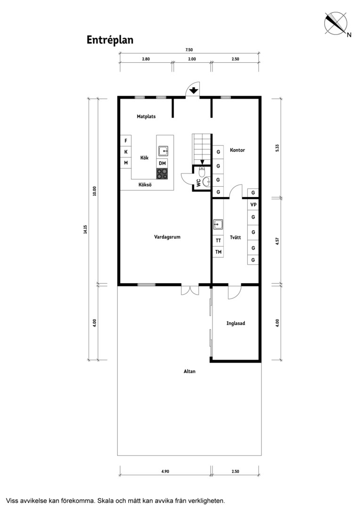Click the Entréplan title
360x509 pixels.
coord(110,40)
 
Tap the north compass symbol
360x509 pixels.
coord(336,23)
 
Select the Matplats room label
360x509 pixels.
coord(146,116)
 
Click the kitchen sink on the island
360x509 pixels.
coord(163,151)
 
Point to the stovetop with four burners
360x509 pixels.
coord(162,173)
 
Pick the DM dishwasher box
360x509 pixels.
coord(162,163)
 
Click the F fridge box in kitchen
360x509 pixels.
coord(126,140)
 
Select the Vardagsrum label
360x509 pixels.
coord(167,237)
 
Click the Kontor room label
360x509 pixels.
coord(237,150)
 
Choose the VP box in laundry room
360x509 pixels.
coord(253,205)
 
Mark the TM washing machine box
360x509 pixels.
coord(218,252)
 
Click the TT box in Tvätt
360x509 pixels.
coord(218,240)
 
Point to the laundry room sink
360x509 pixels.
coord(218,224)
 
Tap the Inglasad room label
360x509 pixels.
coord(236,324)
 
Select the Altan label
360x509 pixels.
coord(189,371)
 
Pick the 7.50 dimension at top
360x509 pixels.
coord(189,50)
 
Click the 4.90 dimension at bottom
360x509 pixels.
coord(165,471)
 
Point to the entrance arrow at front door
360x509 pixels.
coord(194,90)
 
